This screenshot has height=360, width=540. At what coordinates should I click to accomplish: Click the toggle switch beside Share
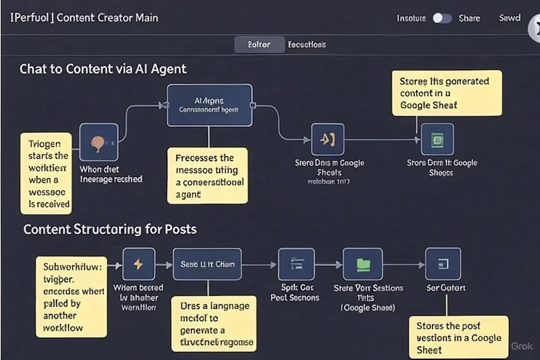(x=442, y=18)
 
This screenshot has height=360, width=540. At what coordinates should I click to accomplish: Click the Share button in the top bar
(x=469, y=18)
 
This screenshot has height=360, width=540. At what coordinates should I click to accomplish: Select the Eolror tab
(x=259, y=45)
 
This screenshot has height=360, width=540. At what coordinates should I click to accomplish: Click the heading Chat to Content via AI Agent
(x=103, y=69)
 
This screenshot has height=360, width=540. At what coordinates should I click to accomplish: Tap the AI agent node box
(x=210, y=105)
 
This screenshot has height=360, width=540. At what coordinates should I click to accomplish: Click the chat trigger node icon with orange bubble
(x=99, y=142)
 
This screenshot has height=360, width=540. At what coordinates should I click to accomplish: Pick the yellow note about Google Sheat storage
(x=447, y=93)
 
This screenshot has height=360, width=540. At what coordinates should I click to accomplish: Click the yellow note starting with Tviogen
(x=46, y=173)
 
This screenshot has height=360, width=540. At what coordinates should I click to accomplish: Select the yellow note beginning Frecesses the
(x=207, y=175)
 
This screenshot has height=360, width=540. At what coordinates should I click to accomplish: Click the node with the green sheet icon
(x=437, y=140)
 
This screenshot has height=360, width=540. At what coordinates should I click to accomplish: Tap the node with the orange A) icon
(x=327, y=140)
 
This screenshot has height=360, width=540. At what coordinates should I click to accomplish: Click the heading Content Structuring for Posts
(x=110, y=229)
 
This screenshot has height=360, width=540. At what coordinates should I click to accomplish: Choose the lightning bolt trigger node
(x=139, y=264)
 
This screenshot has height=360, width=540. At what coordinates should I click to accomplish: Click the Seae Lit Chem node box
(x=207, y=264)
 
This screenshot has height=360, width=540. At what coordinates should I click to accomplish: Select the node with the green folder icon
(x=363, y=264)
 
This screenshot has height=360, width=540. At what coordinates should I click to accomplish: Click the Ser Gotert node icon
(x=443, y=264)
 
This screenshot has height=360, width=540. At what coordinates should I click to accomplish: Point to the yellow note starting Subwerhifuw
(x=71, y=296)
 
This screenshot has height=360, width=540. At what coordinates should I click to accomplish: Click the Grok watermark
(x=521, y=346)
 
